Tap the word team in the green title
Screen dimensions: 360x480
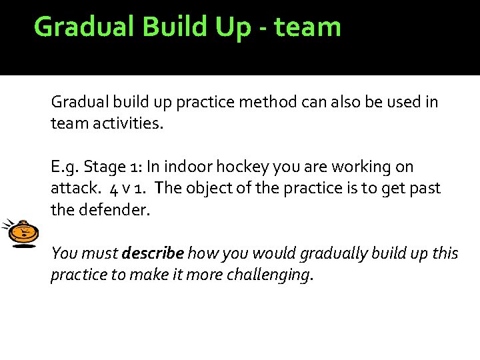pyautogui.click(x=307, y=27)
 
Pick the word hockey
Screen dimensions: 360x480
pyautogui.click(x=247, y=167)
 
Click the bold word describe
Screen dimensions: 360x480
pyautogui.click(x=153, y=253)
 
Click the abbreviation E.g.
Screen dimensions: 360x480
pyautogui.click(x=63, y=167)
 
